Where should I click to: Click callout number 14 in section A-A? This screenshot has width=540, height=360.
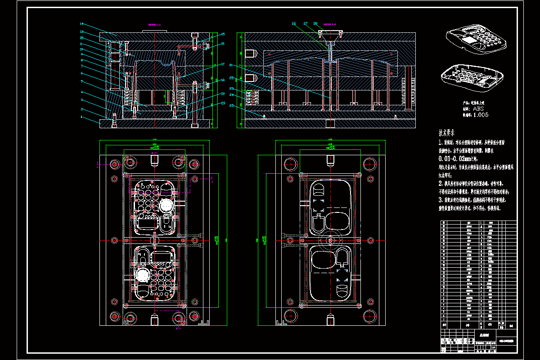(x=82, y=23)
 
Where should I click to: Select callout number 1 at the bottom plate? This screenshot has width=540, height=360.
(x=82, y=117)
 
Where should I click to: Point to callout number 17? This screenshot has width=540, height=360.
(x=222, y=64)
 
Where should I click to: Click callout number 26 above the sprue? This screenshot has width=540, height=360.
(x=294, y=23)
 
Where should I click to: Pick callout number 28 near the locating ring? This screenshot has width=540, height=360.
(x=315, y=23)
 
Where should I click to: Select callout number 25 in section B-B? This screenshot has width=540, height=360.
(x=231, y=106)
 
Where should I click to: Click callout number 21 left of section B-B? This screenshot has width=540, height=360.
(x=231, y=65)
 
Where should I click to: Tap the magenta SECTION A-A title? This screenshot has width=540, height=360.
(x=154, y=25)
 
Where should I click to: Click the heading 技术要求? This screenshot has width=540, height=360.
(x=447, y=133)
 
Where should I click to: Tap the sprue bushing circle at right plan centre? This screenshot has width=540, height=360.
(x=331, y=239)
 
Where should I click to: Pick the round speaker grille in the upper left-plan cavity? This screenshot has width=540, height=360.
(x=165, y=206)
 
